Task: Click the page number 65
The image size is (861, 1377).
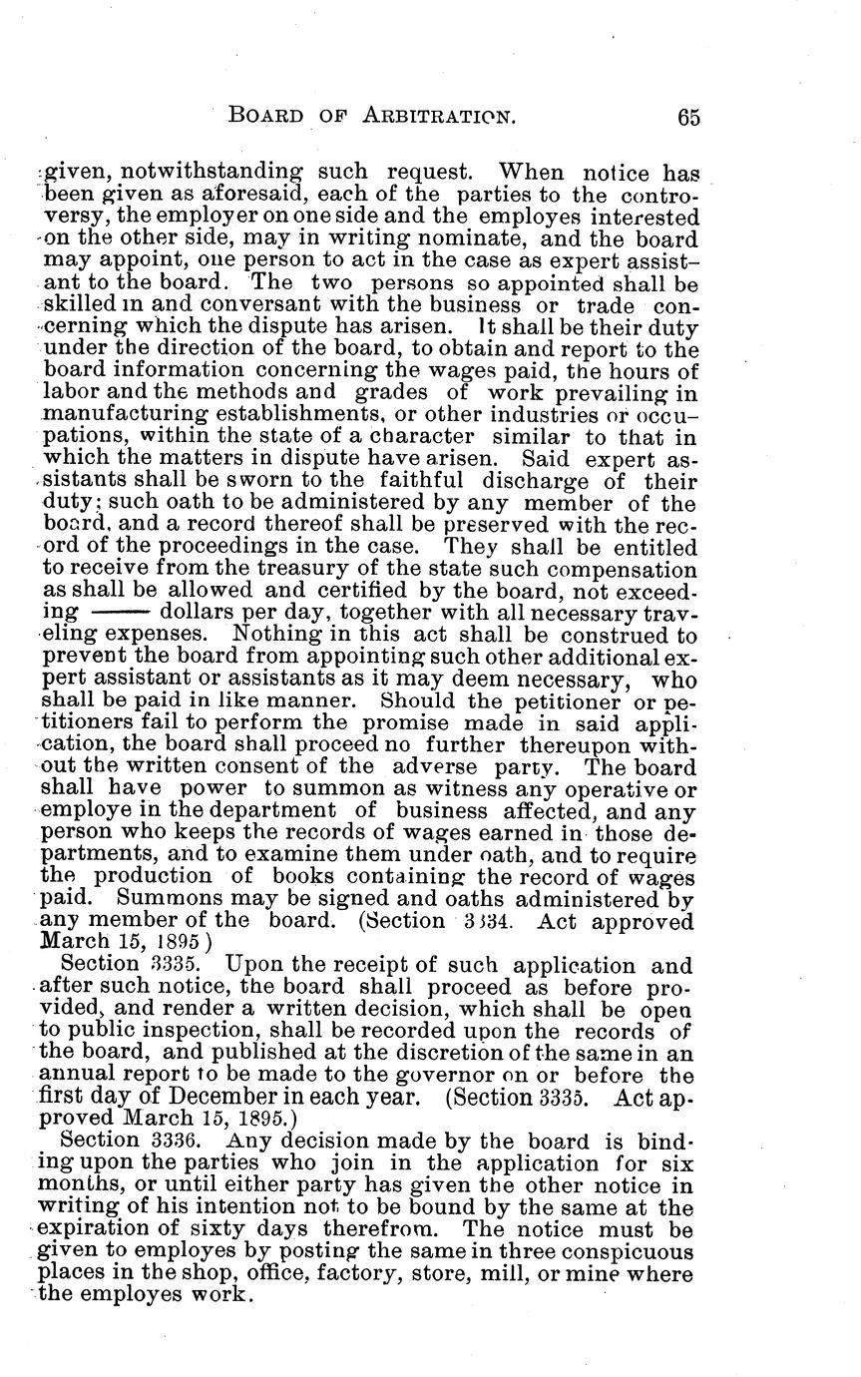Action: click(687, 117)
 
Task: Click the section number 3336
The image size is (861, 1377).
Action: click(182, 1141)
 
